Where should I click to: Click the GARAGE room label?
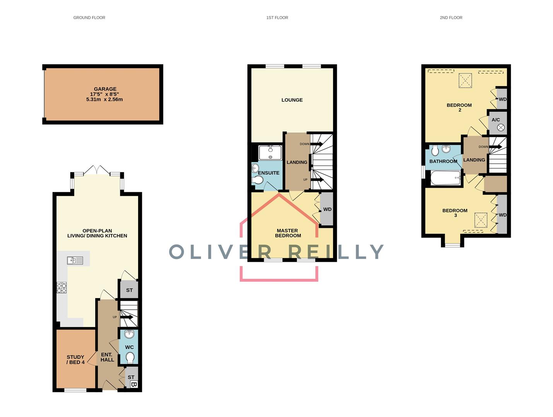(x=105, y=89)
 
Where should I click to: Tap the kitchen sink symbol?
(x=75, y=260)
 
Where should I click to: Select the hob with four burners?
(x=62, y=288)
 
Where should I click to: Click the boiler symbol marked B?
(x=134, y=384)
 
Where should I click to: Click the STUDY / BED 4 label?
(x=75, y=359)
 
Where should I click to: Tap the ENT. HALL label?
(x=107, y=357)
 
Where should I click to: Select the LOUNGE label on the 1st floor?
(x=292, y=100)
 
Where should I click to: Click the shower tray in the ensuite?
(x=270, y=153)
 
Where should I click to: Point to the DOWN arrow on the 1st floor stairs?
(x=316, y=144)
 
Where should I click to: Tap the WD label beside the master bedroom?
(x=327, y=209)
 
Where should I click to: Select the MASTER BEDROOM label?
(x=288, y=233)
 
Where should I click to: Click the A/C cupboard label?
(x=495, y=120)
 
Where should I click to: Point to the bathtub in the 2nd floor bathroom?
(x=445, y=178)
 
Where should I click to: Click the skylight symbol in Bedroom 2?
(x=465, y=80)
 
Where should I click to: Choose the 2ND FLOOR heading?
(x=451, y=18)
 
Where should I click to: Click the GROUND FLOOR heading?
(x=89, y=18)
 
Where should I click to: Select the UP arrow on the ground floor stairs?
(x=126, y=317)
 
